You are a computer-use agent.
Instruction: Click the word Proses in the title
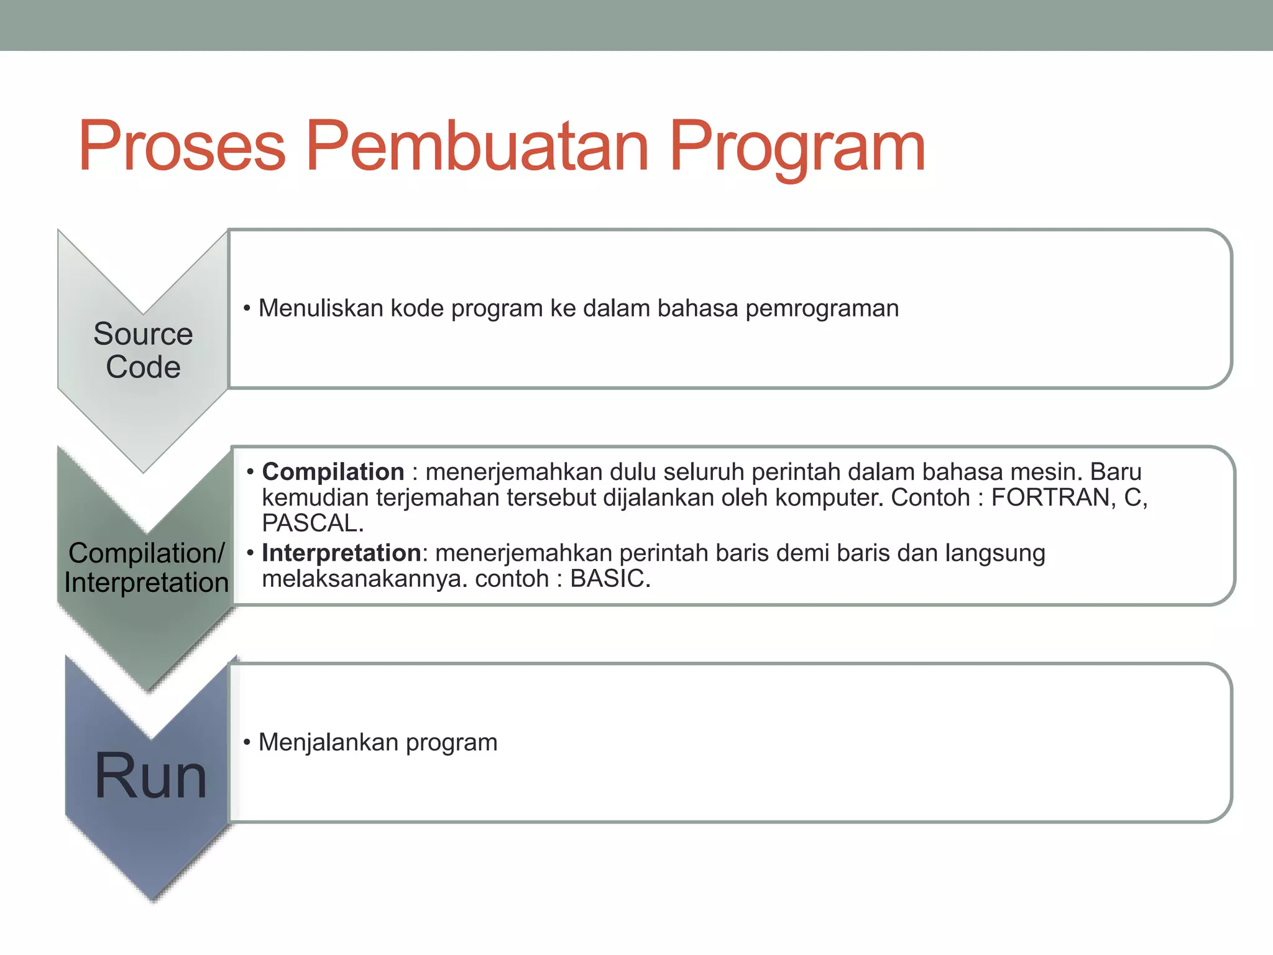pyautogui.click(x=182, y=147)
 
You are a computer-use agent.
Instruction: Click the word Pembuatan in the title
pyautogui.click(x=477, y=147)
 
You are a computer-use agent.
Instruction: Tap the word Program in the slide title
pyautogui.click(x=797, y=149)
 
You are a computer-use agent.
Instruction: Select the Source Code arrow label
pyautogui.click(x=143, y=350)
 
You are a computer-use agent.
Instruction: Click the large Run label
pyautogui.click(x=150, y=776)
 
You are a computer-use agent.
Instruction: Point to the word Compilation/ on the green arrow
pyautogui.click(x=146, y=553)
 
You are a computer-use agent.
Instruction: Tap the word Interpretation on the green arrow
pyautogui.click(x=146, y=583)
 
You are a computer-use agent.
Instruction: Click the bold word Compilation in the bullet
pyautogui.click(x=333, y=472)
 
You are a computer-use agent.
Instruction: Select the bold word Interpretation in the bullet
pyautogui.click(x=341, y=553)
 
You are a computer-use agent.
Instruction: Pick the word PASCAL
pyautogui.click(x=313, y=524)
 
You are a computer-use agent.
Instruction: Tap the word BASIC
pyautogui.click(x=610, y=579)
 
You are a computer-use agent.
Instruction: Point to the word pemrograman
pyautogui.click(x=822, y=309)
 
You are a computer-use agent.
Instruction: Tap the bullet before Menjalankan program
pyautogui.click(x=247, y=742)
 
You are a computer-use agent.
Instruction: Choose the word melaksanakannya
pyautogui.click(x=364, y=579)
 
